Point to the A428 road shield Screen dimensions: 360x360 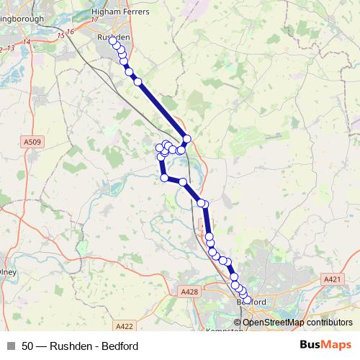click(189, 292)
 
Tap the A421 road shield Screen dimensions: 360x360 click(332, 279)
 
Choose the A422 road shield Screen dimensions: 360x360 click(125, 325)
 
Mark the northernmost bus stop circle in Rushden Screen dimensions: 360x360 click(112, 40)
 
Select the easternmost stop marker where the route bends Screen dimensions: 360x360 click(187, 139)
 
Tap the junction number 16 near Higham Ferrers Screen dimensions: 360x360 click(70, 32)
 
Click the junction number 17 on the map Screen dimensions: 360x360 click(94, 19)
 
